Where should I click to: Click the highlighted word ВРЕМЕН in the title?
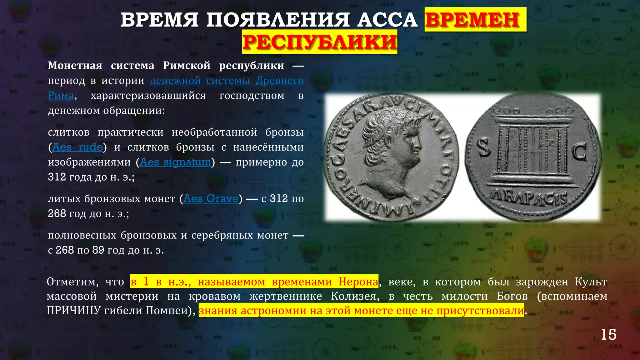(x=475, y=20)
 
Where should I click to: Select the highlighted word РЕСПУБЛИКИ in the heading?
(x=320, y=42)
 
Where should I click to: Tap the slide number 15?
(x=608, y=335)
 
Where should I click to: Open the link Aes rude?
(x=77, y=147)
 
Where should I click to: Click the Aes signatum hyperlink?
(x=175, y=162)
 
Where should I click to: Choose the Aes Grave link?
(x=211, y=199)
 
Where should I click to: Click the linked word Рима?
(x=61, y=96)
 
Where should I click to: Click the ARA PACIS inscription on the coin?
(x=529, y=197)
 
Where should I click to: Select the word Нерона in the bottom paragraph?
(x=358, y=282)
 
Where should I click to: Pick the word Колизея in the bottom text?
(x=355, y=296)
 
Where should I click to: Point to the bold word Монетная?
(x=75, y=66)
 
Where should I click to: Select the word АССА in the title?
(x=387, y=20)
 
